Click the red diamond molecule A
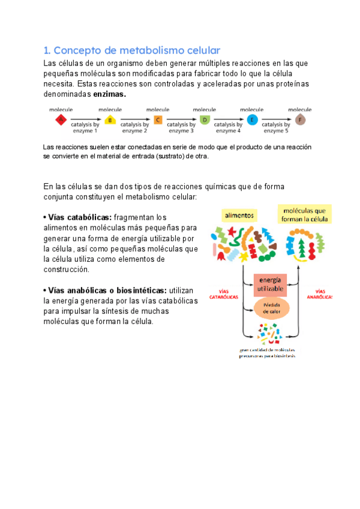(61, 120)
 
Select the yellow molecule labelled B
(109, 120)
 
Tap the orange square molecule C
(158, 120)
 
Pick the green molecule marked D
(205, 120)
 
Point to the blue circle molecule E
(252, 120)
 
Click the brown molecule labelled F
(300, 120)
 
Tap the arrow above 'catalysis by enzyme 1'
(85, 119)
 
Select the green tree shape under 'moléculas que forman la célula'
(320, 244)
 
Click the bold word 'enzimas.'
(109, 94)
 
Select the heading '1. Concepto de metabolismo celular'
(132, 50)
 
